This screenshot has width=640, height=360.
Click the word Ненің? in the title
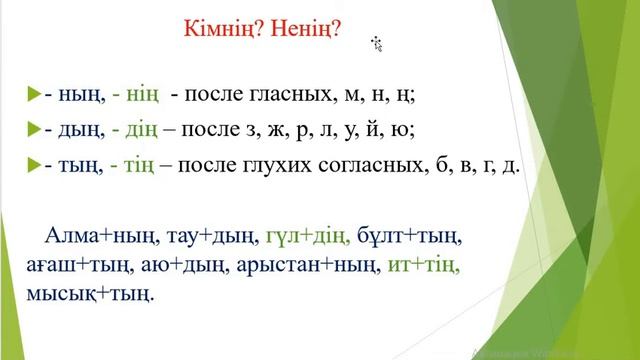(305, 29)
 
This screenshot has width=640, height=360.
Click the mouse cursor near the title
(377, 43)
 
